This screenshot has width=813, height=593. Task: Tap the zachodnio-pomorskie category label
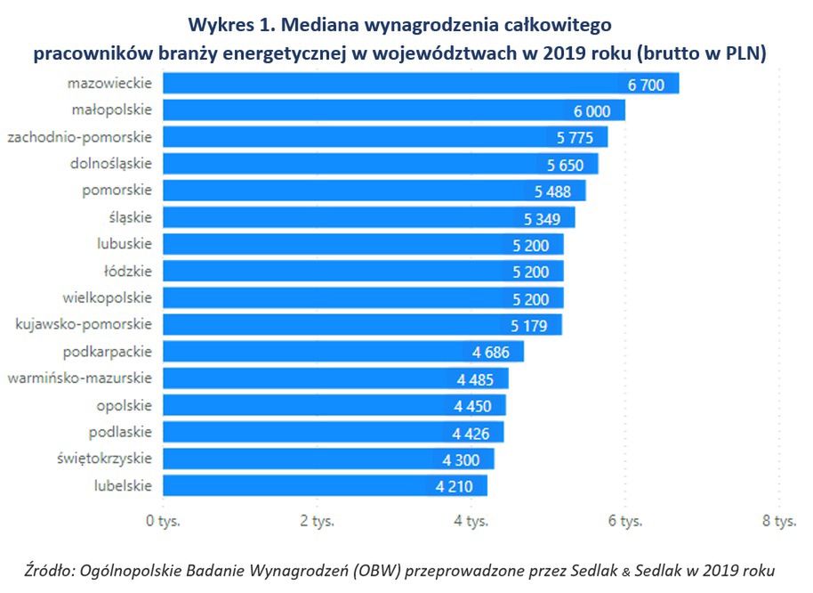(79, 137)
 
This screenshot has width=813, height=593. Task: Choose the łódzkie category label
(128, 271)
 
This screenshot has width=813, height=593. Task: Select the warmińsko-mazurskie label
(79, 378)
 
